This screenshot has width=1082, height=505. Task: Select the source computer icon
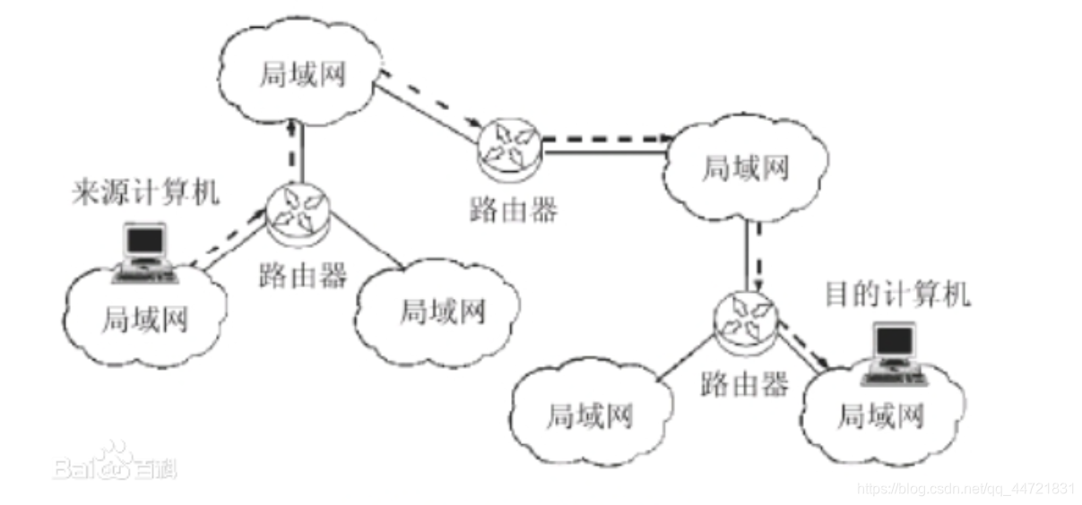pos(144,252)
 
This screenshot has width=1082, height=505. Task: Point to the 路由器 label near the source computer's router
pos(302,275)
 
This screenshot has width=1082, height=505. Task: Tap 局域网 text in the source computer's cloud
pos(146,318)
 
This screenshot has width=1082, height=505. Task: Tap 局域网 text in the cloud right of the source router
pos(442,311)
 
